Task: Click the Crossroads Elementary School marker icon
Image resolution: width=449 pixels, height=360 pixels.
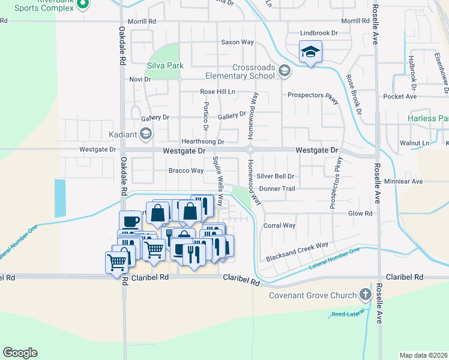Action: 284,72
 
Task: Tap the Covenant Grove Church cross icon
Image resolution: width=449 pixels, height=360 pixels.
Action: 365,295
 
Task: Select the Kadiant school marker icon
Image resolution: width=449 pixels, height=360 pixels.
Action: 146,134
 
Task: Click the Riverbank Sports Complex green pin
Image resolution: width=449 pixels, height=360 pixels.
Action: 83,5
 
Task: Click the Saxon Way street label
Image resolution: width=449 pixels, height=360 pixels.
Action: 238,43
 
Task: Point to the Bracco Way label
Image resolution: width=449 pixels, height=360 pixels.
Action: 185,171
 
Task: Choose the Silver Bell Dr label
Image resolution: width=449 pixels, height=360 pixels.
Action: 276,176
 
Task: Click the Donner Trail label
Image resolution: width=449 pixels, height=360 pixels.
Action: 277,188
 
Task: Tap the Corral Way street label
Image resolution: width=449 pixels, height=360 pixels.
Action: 279,226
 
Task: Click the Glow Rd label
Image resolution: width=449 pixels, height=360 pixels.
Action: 361,213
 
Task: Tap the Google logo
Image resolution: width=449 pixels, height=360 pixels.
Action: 20,353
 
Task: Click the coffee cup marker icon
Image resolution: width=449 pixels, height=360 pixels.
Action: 130,221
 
